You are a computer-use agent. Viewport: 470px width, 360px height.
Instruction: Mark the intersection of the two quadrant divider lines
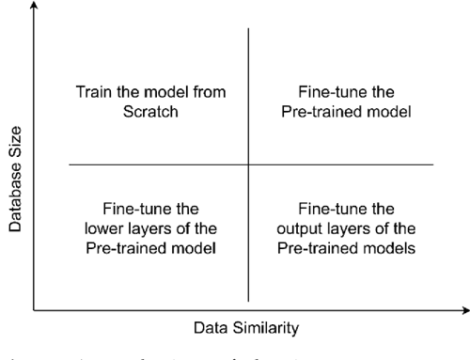248,165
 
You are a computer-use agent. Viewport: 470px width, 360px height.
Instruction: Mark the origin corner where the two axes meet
35,307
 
